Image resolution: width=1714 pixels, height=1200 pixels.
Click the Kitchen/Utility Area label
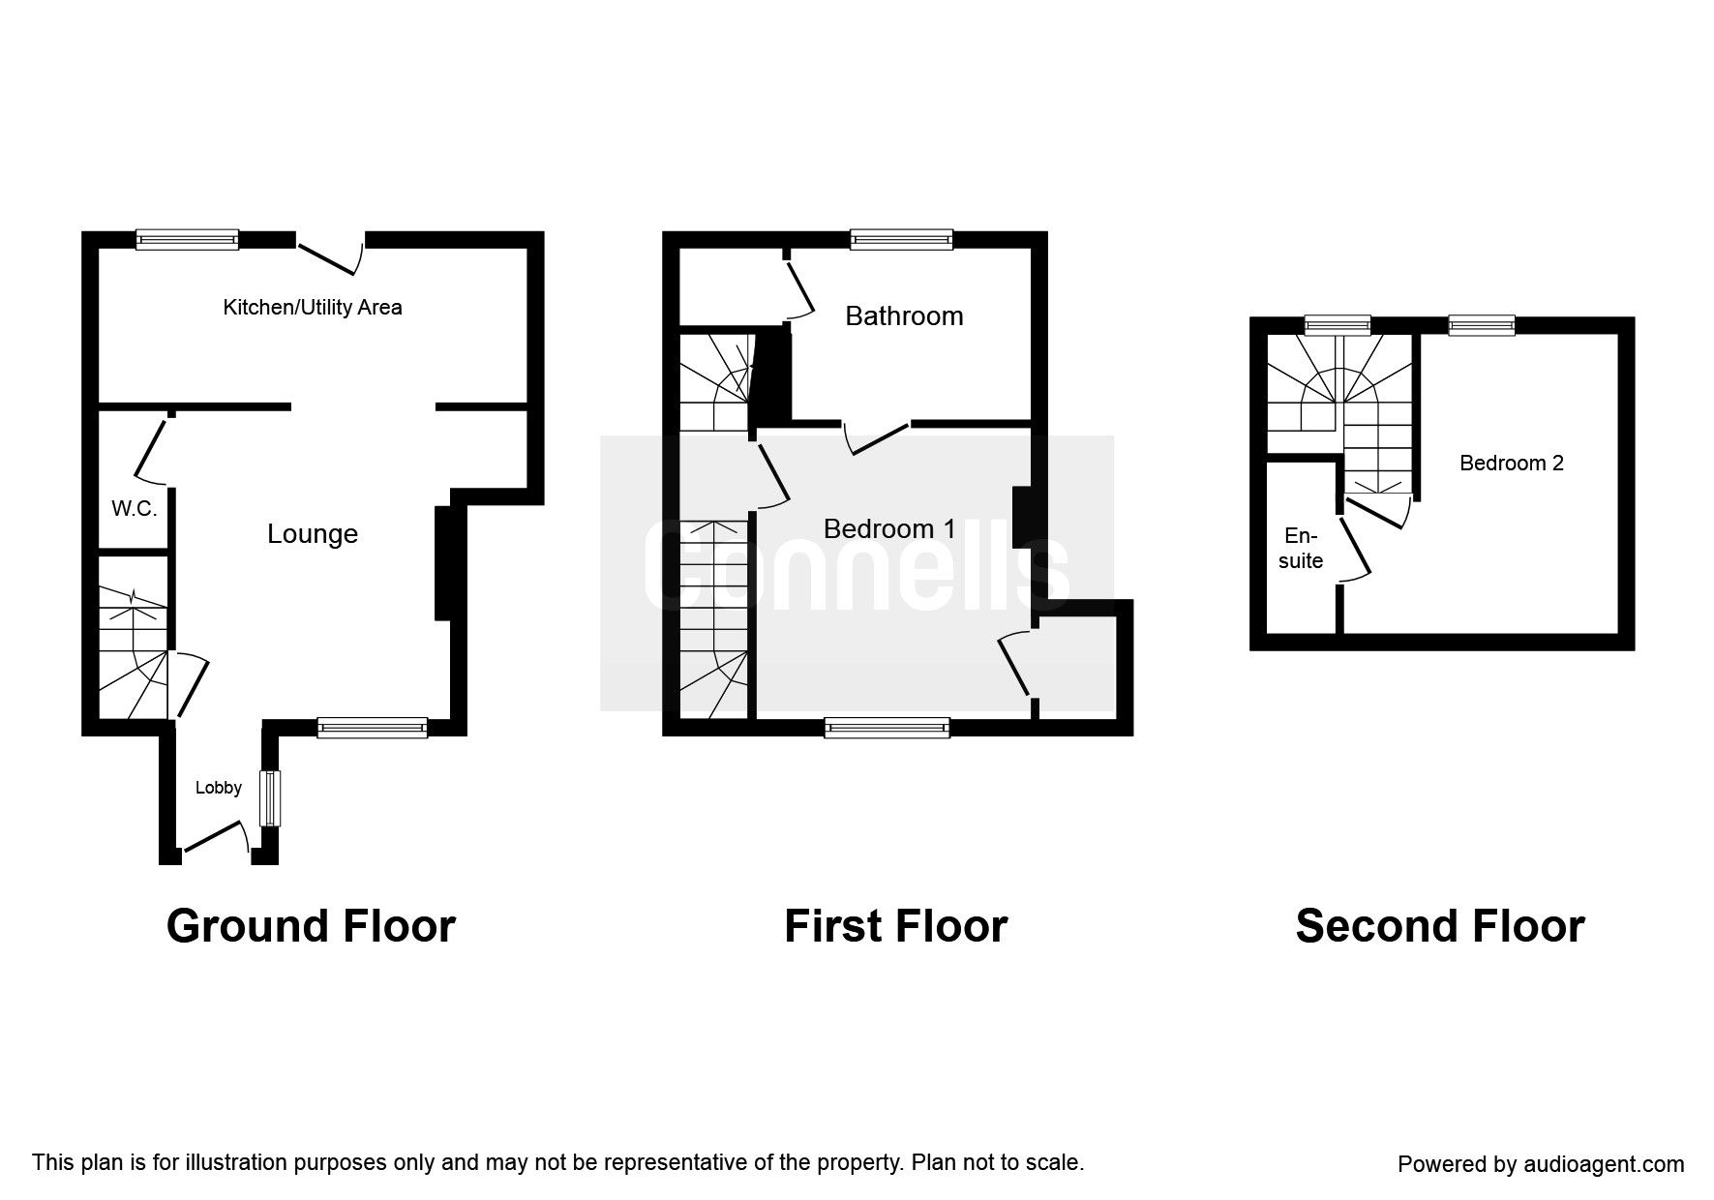(313, 308)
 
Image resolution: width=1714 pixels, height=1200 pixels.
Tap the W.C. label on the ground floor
(134, 509)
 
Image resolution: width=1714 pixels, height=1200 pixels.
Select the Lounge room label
(313, 534)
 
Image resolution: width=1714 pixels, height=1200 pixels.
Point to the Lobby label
(219, 788)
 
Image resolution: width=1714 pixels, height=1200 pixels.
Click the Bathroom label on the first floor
(904, 316)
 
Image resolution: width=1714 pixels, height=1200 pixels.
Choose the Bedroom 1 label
(889, 529)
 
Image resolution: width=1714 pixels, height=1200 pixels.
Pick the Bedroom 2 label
(1511, 464)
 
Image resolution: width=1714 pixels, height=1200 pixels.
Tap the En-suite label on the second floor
(1300, 548)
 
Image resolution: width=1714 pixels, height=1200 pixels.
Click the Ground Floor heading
(311, 926)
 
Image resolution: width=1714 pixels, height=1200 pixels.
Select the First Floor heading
(895, 926)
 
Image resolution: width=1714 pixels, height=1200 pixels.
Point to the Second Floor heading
(1439, 926)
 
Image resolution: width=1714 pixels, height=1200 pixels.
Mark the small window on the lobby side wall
(270, 798)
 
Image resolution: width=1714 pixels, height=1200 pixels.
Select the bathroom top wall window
(901, 239)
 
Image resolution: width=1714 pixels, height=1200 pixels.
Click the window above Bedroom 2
(1481, 325)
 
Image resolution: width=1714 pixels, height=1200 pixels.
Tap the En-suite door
(1354, 550)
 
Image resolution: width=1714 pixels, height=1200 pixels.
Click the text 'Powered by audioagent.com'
(1541, 1164)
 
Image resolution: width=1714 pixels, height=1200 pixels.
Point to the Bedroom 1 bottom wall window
(887, 729)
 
